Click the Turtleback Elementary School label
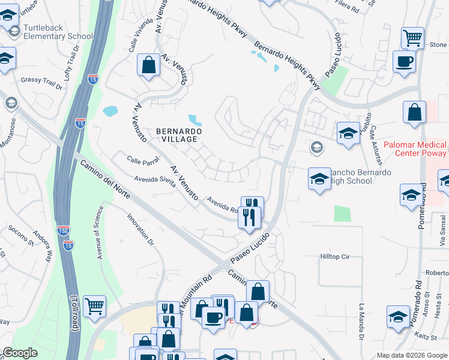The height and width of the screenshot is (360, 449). click(x=58, y=32)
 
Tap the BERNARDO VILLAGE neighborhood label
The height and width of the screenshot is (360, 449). click(x=176, y=134)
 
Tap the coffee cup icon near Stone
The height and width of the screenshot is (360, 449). click(x=404, y=61)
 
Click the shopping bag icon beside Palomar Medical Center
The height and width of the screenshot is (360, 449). click(x=414, y=112)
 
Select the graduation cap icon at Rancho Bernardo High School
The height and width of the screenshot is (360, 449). click(x=319, y=178)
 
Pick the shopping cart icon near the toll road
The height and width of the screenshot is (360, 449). click(x=94, y=306)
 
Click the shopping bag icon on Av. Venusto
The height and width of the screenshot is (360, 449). click(x=148, y=65)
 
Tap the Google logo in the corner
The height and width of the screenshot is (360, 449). click(x=20, y=353)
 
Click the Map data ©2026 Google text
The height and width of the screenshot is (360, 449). click(x=411, y=355)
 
